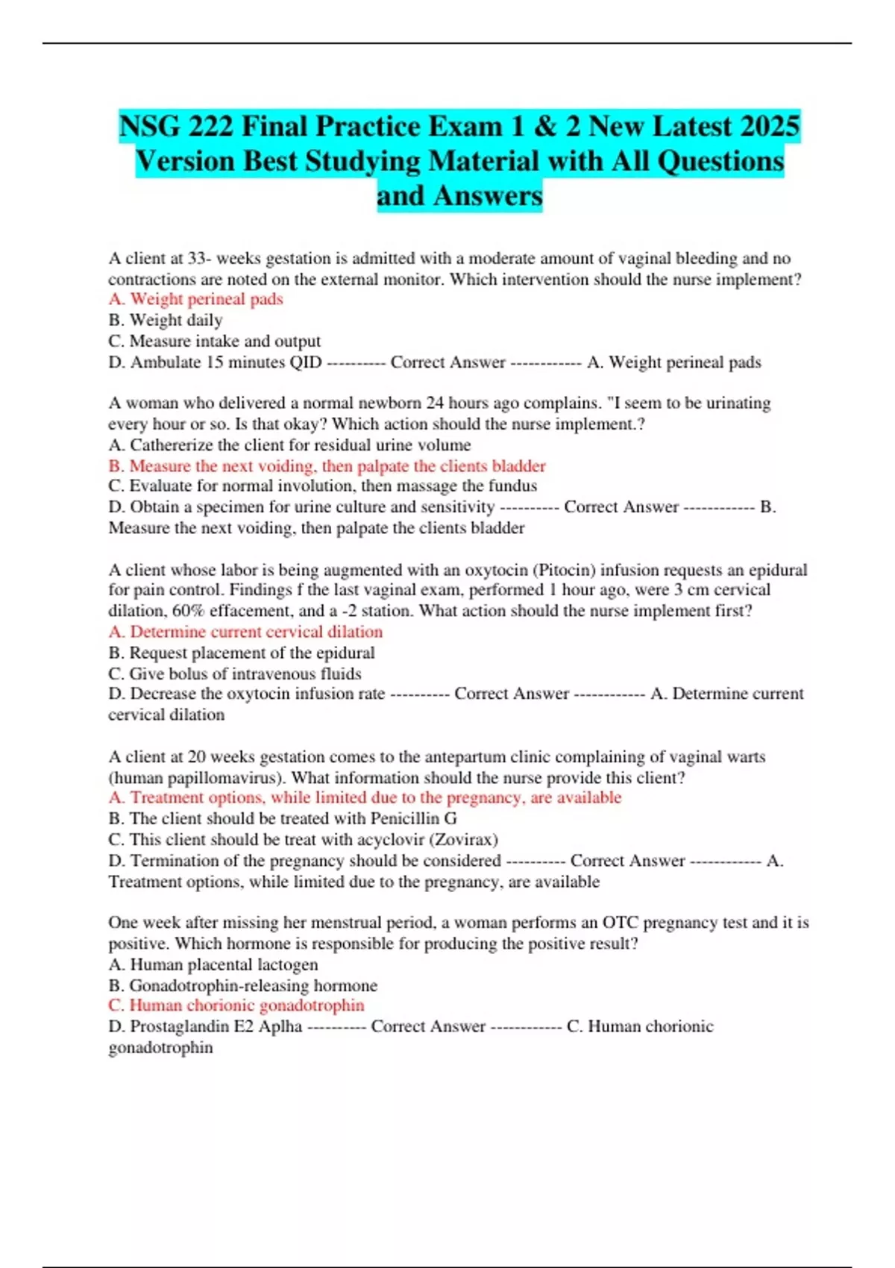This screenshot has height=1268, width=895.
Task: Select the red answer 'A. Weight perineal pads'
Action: pyautogui.click(x=195, y=299)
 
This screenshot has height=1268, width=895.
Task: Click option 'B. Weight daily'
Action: pyautogui.click(x=165, y=320)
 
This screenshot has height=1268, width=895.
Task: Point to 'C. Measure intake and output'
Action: pyautogui.click(x=214, y=341)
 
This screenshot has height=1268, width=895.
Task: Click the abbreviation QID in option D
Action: pyautogui.click(x=305, y=362)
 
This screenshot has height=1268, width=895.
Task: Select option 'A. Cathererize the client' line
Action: pyautogui.click(x=289, y=445)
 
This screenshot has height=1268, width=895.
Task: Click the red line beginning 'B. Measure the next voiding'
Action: pyautogui.click(x=327, y=466)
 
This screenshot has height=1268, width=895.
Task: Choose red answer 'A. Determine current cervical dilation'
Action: pyautogui.click(x=245, y=632)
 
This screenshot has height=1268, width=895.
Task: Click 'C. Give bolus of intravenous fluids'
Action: pyautogui.click(x=234, y=674)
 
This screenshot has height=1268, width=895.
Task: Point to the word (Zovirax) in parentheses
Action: pyautogui.click(x=463, y=840)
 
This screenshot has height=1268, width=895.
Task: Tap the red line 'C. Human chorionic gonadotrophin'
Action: pyautogui.click(x=236, y=1005)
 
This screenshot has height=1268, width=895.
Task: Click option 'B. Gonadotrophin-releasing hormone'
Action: pyautogui.click(x=242, y=985)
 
